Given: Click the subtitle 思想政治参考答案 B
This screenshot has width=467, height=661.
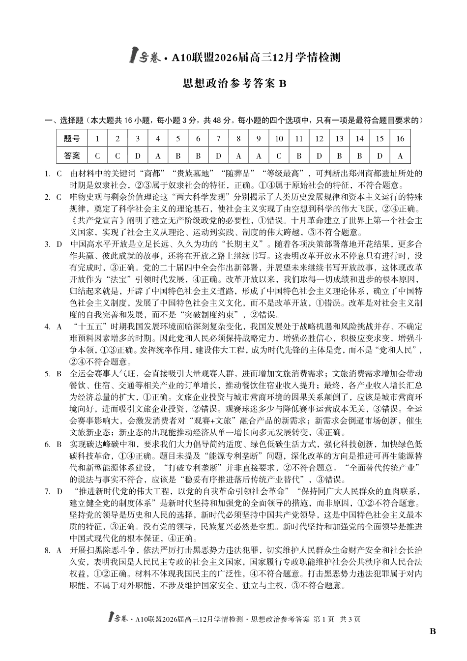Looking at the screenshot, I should point(234,84).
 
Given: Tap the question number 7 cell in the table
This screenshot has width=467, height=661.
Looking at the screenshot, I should point(218,139).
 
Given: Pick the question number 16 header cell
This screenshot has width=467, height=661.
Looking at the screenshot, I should point(400,139).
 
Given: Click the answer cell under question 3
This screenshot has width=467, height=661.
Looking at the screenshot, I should point(138,156).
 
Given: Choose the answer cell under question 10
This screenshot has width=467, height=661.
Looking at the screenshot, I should point(279,156).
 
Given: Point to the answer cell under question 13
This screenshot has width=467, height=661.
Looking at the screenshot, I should point(339,156).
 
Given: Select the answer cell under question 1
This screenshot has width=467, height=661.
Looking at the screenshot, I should point(97,156).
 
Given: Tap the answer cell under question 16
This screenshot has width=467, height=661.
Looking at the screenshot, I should point(400,156).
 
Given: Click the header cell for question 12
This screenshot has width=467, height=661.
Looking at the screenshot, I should point(319,139).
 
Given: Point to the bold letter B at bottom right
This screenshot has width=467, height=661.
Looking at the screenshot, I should point(433,631).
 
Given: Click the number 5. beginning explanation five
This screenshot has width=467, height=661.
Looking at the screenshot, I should point(48,374).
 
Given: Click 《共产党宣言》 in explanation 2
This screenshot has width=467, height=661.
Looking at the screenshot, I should point(94,221).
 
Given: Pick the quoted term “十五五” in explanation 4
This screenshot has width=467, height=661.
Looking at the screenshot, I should point(89,327).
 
